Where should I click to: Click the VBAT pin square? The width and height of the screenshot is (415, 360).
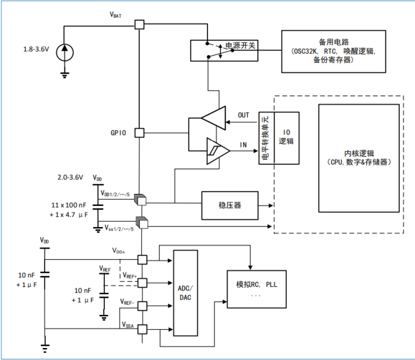[x=139, y=25]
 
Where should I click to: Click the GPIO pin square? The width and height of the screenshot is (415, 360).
[x=139, y=133]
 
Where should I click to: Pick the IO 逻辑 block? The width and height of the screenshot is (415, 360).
[x=288, y=138]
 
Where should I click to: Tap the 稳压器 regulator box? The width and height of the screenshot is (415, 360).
[x=229, y=205]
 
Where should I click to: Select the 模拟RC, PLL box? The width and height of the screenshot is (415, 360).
[x=256, y=289]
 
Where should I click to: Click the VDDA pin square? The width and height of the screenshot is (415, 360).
[x=142, y=259]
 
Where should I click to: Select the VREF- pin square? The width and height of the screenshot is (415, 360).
[x=142, y=307]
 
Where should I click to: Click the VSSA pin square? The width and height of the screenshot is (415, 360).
[x=142, y=328]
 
